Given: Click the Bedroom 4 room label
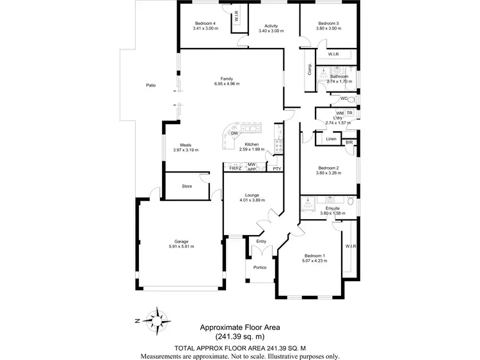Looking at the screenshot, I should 205,23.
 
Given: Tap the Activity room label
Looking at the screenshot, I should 271,26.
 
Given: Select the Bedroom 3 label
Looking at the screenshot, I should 328,23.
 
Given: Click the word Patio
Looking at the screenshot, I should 150,85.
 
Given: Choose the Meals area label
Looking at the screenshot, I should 186,145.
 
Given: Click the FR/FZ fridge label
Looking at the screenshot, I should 235,168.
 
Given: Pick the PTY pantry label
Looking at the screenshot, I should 276,168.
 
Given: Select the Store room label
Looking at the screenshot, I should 187,186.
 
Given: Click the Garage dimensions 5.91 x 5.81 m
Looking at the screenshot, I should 181,247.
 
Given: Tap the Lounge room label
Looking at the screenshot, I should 252,195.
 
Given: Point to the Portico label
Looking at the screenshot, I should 259,268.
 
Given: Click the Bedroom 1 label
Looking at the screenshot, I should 314,256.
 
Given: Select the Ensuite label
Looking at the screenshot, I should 332,208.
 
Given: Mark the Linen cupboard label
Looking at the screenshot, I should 331,139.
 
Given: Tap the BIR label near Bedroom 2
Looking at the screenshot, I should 349,142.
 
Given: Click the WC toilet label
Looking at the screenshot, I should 344,99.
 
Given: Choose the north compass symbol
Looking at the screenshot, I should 155,318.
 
